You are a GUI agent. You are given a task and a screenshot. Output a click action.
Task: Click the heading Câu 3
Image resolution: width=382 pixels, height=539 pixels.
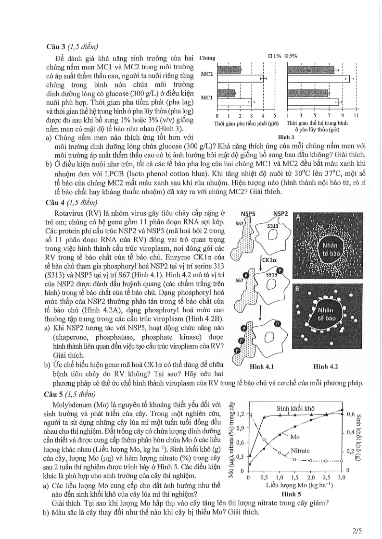coord(57,47)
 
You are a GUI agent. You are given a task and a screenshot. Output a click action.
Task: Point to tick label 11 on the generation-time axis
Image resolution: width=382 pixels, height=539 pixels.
coord(356,116)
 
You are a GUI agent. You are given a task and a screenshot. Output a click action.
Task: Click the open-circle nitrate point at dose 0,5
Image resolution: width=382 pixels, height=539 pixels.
coord(264,440)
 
